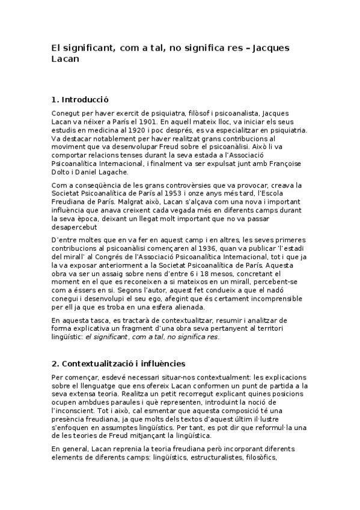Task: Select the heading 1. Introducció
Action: (81, 99)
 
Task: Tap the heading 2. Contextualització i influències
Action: (118, 363)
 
